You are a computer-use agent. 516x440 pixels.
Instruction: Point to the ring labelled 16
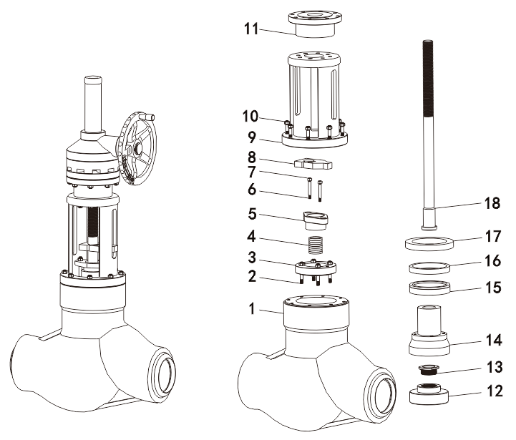429,269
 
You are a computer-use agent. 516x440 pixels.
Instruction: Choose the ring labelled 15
429,289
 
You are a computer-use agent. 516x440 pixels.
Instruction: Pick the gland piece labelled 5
316,217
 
